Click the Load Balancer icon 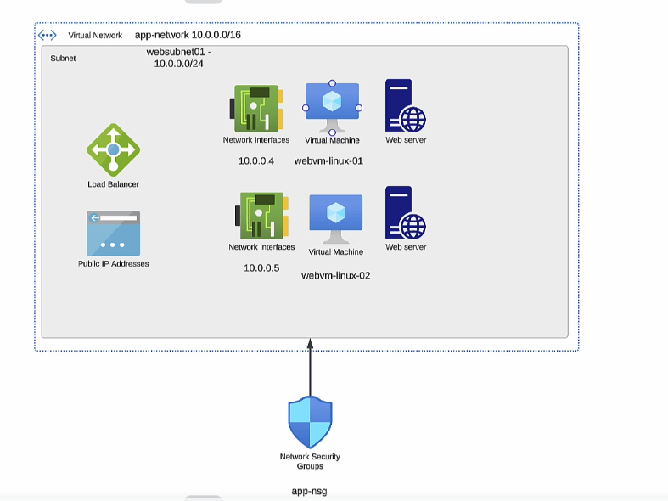(x=113, y=149)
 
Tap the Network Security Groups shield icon (x=310, y=422)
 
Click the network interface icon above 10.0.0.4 (x=256, y=108)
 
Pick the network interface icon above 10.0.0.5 (x=262, y=216)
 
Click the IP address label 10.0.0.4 (x=256, y=160)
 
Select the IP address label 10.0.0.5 (x=261, y=268)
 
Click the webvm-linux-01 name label (x=328, y=160)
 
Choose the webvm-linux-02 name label (x=336, y=275)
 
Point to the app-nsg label (x=309, y=491)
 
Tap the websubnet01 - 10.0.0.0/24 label (x=179, y=58)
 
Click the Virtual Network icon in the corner (x=48, y=35)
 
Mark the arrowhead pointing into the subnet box (x=310, y=344)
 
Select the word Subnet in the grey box (x=64, y=59)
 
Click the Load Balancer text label (x=113, y=184)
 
